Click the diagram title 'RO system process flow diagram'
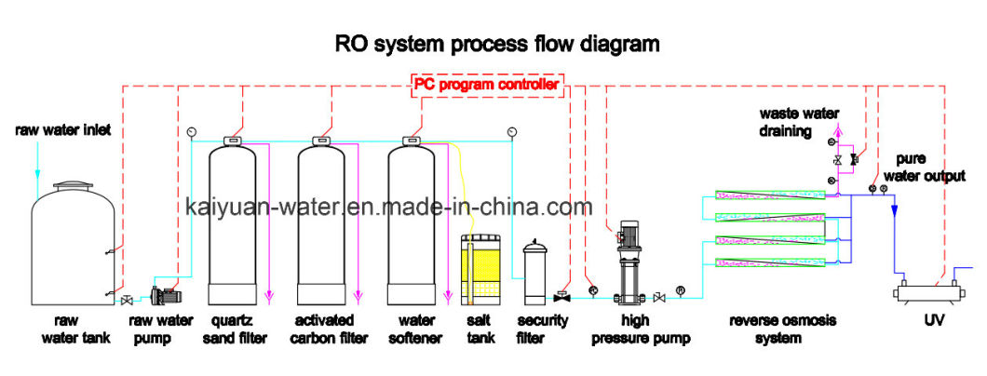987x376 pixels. point(496,44)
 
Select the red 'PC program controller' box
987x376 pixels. point(487,85)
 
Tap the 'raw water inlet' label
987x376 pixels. point(63,130)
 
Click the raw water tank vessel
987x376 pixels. point(73,243)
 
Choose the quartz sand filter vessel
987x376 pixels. point(232,222)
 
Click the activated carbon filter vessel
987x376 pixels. point(321,222)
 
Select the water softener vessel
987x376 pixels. point(412,222)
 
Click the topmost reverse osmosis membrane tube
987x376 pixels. point(770,196)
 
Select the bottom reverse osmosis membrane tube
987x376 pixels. point(770,263)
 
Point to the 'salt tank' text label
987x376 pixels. point(480,329)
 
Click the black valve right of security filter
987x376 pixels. point(561,296)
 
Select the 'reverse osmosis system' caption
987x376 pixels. point(782,329)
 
